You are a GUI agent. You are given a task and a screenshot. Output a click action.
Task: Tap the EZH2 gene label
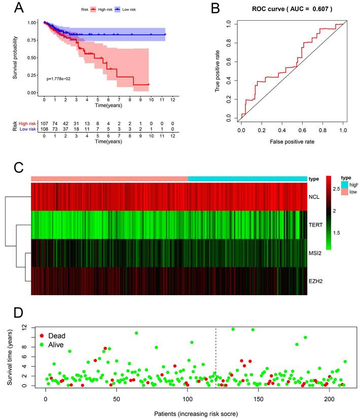pyautogui.click(x=317, y=280)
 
